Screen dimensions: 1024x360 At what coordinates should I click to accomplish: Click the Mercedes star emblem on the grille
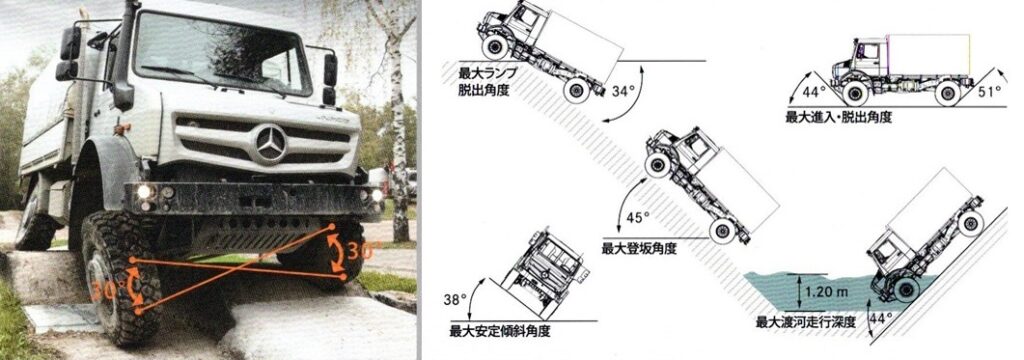tap(270, 144)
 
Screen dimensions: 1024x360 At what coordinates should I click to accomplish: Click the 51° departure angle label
tap(989, 91)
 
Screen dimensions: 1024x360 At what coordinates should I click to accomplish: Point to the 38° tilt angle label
tap(455, 299)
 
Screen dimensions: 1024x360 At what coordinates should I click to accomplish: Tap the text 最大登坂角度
tap(639, 249)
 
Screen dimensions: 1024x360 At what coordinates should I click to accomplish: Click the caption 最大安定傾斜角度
tap(500, 331)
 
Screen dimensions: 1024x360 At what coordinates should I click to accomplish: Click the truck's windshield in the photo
tap(221, 52)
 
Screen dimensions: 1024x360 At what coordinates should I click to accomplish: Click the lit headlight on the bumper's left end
tap(144, 192)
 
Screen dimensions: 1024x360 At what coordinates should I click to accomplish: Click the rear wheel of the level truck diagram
tap(948, 93)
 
